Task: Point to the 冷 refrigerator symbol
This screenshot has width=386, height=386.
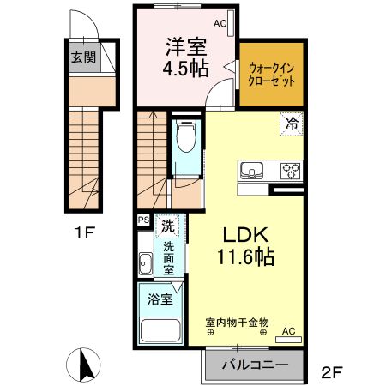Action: pos(292,123)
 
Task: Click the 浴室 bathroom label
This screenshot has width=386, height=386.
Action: pos(160,299)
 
